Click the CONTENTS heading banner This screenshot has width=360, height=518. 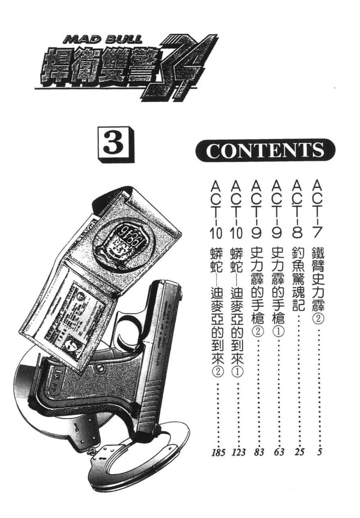(x=265, y=150)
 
